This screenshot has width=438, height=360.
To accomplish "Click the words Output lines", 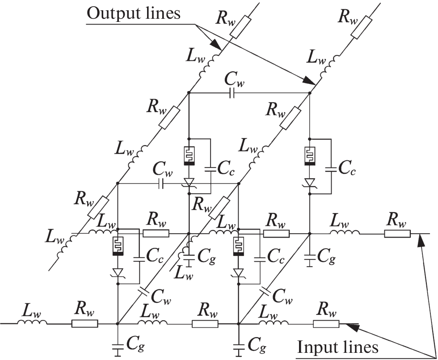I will pos(133,14).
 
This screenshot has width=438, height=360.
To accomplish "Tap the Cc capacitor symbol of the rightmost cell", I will pos(331,169).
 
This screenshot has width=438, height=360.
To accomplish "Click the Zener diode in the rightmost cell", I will pos(310,184).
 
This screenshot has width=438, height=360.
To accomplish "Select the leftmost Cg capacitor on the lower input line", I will pos(118,346).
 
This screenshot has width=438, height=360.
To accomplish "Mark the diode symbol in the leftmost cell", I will pos(118,272).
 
